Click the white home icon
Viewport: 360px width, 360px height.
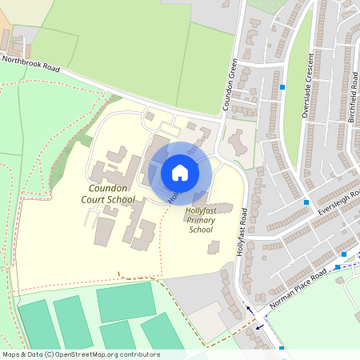click(180, 172)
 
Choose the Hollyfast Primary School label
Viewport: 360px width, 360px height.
click(201, 220)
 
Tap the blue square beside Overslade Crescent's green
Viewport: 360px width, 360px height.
click(282, 86)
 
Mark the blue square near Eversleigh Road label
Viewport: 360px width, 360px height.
click(306, 202)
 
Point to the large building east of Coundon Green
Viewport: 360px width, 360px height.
click(238, 144)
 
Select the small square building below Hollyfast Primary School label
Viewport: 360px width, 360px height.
click(213, 248)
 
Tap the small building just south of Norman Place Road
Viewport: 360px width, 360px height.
click(339, 280)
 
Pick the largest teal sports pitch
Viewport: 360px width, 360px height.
click(126, 302)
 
